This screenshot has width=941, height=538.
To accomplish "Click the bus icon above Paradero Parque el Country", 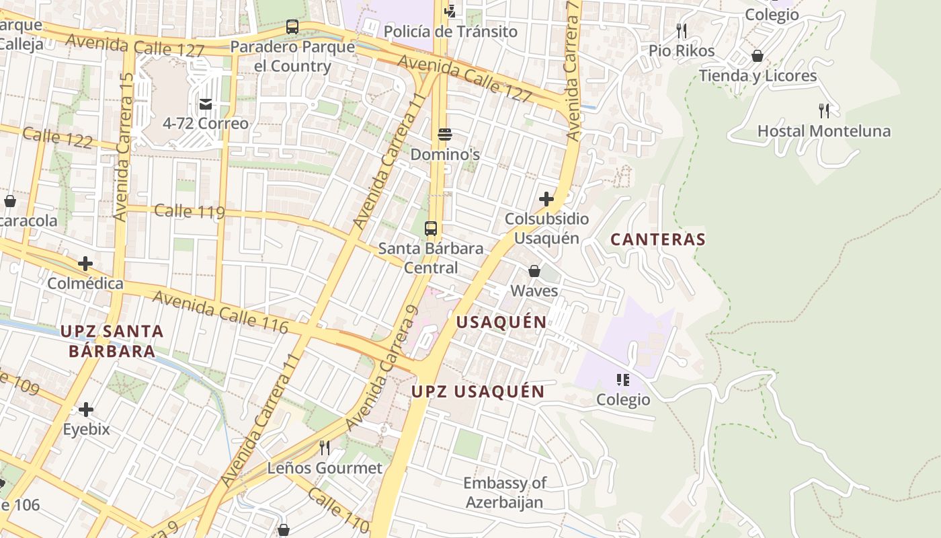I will [292, 27].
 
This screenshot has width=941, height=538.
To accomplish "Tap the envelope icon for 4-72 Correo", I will [205, 104].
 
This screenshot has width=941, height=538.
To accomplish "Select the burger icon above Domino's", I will [444, 134].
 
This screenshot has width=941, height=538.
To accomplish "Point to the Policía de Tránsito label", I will [450, 32].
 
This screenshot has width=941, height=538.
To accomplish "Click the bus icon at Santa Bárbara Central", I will [431, 229].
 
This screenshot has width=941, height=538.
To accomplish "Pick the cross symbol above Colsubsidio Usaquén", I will [546, 199].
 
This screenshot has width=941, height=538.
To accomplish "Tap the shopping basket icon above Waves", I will [534, 271].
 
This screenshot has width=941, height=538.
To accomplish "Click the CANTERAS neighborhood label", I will [657, 239].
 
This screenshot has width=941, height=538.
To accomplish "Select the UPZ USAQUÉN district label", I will [478, 391].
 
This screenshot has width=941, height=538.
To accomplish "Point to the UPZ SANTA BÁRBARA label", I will [112, 341].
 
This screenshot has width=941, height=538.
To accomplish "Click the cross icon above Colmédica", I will [85, 264].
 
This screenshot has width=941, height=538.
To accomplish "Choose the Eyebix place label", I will [86, 429].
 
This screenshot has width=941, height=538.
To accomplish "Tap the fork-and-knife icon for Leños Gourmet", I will [325, 447].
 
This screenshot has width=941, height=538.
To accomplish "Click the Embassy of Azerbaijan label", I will [504, 492].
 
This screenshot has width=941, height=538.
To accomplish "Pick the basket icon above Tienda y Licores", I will [758, 56].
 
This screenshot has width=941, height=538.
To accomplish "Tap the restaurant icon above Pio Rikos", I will [682, 30].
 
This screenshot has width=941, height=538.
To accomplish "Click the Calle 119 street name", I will [190, 211].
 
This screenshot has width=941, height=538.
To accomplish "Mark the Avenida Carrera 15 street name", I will [124, 148].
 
